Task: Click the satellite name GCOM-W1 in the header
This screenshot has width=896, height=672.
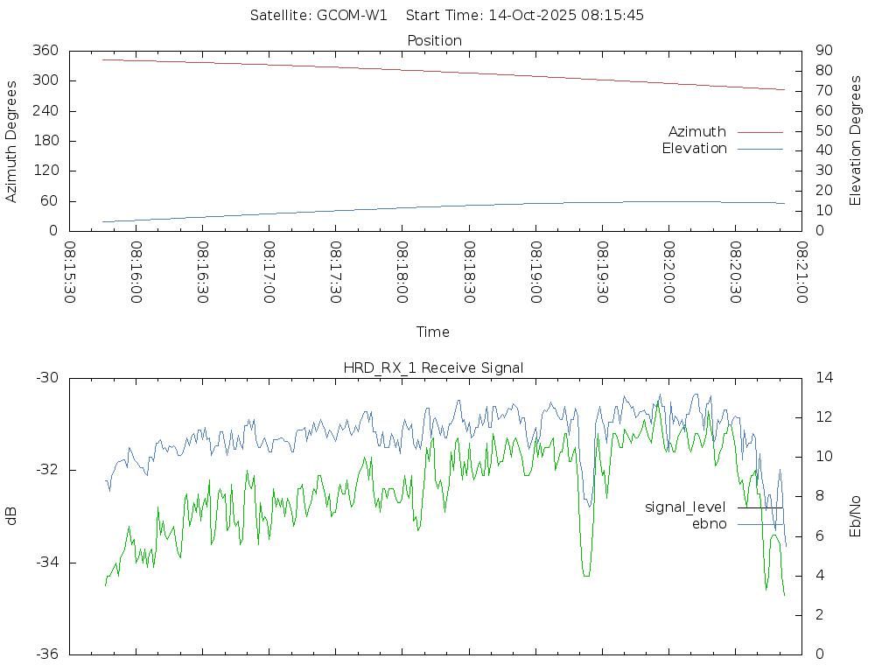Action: tap(352, 16)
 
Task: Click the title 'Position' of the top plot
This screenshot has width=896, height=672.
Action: tap(434, 41)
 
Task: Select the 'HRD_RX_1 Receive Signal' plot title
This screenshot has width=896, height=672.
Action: tap(434, 368)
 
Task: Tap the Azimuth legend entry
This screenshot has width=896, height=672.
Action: tap(697, 132)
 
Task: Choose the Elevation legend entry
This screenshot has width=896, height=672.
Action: tap(695, 149)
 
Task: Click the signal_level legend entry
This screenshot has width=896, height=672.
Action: tap(685, 507)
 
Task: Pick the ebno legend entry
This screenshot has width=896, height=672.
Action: tap(709, 524)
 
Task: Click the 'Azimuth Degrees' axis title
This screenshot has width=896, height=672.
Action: tap(12, 141)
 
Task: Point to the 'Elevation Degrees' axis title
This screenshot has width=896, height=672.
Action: tap(856, 141)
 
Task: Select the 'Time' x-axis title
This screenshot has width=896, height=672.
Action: tap(433, 332)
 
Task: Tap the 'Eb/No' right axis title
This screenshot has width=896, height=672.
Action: tap(856, 516)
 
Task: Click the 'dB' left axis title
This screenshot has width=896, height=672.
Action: tap(12, 516)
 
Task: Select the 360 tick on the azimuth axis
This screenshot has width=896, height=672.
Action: tap(45, 51)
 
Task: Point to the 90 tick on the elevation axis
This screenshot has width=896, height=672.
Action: tap(822, 51)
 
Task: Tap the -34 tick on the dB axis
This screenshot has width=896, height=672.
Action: tap(46, 563)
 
